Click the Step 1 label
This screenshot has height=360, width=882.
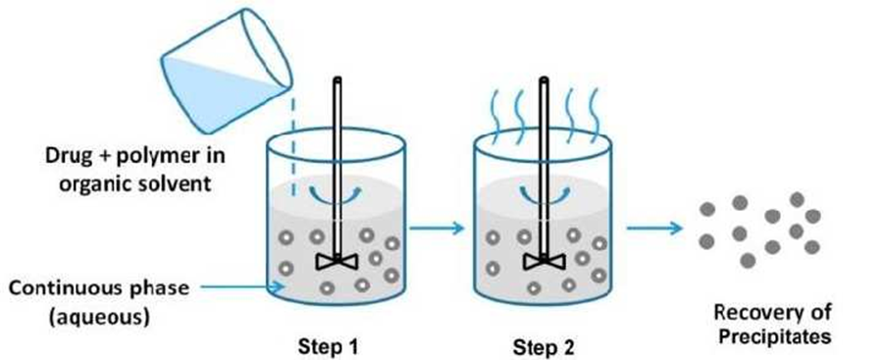point(328,346)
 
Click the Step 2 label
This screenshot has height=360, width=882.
point(544,346)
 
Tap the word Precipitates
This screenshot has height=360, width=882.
point(774,336)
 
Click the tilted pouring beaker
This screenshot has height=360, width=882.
point(227,71)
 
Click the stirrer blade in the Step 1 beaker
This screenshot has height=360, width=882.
point(337,261)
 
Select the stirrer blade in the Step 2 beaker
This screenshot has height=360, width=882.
point(544,261)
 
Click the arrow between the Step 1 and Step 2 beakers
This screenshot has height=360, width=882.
point(437,228)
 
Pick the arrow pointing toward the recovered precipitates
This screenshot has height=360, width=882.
point(654,228)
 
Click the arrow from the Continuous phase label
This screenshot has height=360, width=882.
point(242,286)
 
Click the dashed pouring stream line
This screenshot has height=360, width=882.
point(292,146)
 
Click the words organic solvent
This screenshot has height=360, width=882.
point(135,184)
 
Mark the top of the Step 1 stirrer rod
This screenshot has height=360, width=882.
point(337,78)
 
